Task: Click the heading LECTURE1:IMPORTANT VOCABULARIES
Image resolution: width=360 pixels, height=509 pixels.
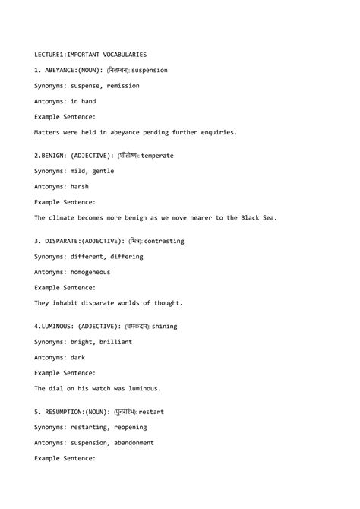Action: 90,55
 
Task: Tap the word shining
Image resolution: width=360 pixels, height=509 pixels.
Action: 164,327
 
